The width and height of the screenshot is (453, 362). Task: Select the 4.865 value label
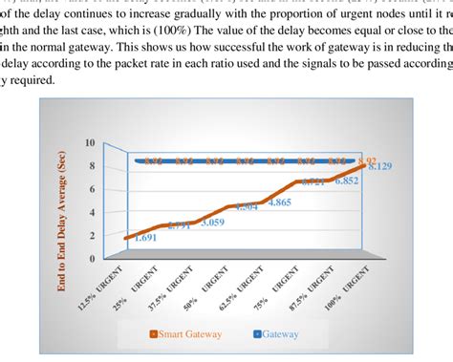(x=280, y=202)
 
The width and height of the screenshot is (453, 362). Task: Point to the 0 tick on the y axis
(x=92, y=258)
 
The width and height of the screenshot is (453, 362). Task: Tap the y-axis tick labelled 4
(x=92, y=212)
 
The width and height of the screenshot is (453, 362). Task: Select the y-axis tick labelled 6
(x=92, y=189)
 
